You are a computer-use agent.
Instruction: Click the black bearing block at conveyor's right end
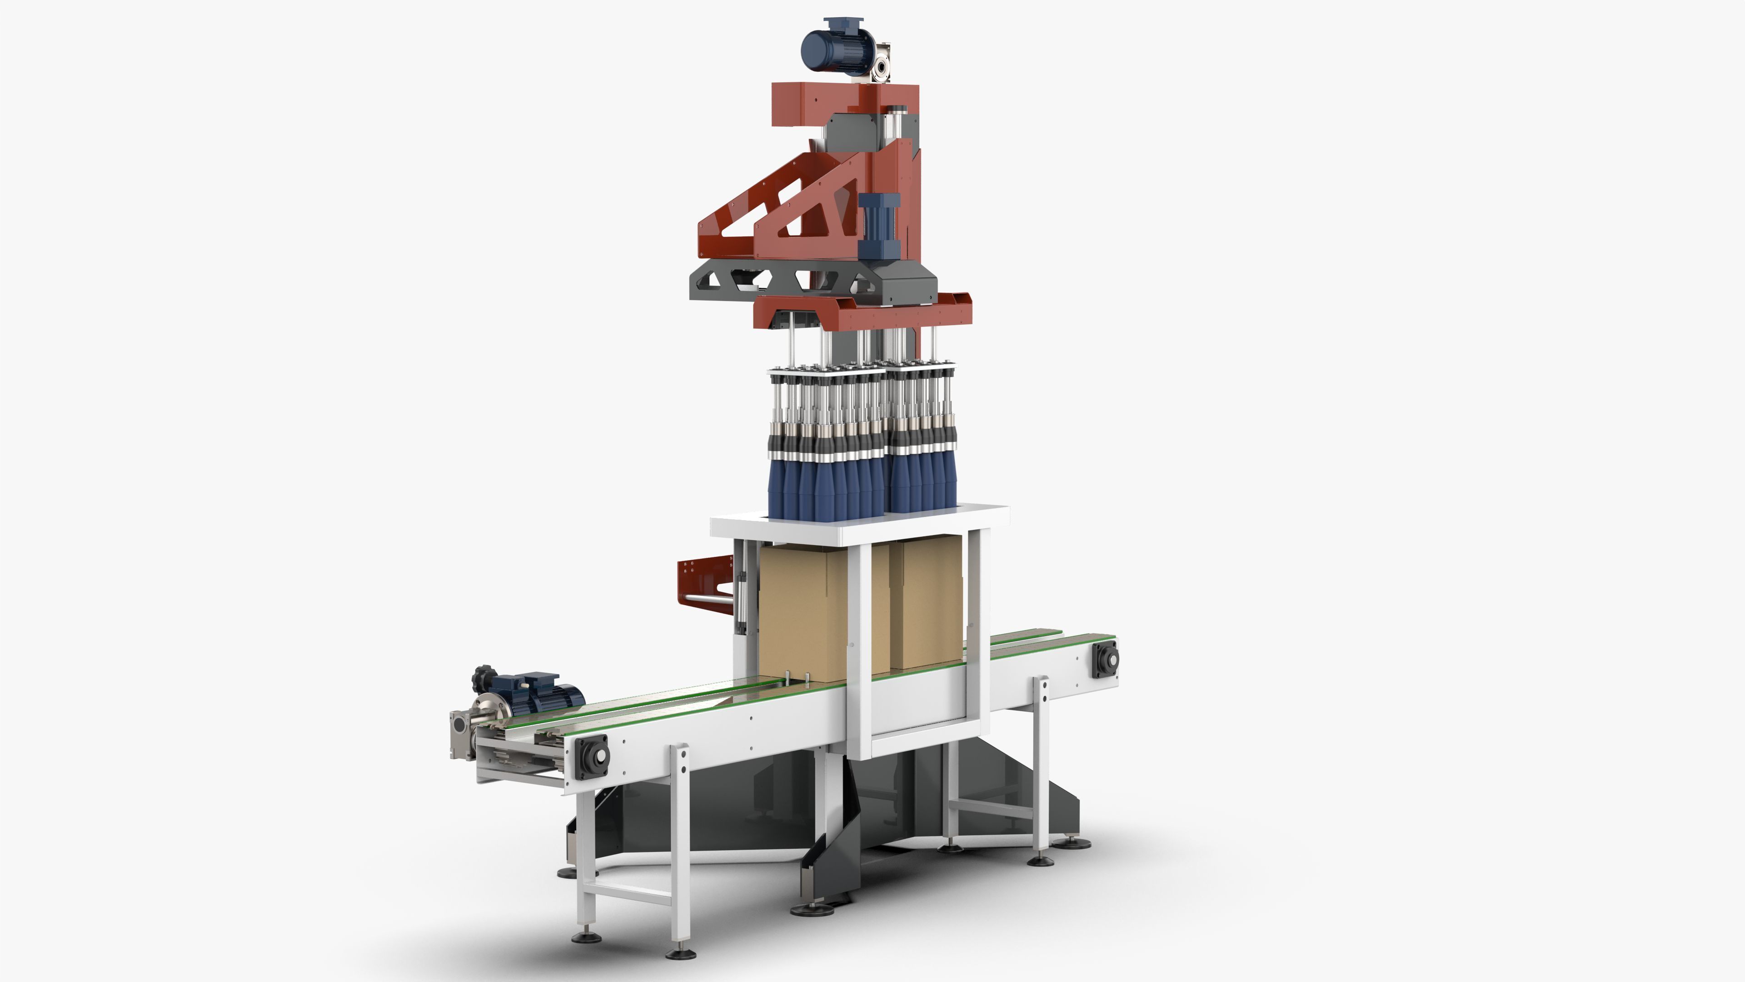point(1104,659)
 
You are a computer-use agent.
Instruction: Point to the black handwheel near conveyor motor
point(484,676)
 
